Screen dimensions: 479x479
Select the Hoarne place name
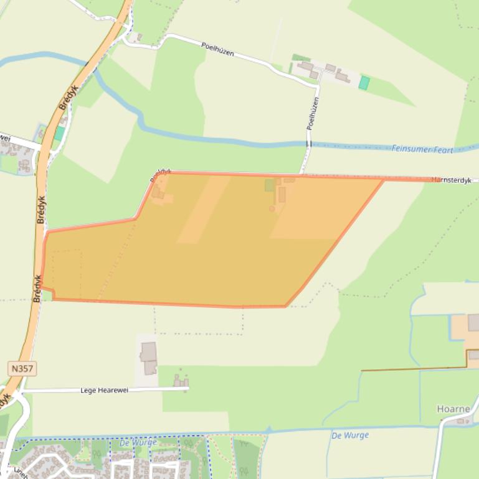pos(453,409)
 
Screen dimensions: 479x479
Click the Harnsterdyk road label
pos(453,179)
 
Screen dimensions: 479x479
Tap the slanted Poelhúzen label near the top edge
pos(217,49)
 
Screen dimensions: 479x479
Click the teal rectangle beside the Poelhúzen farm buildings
pos(364,83)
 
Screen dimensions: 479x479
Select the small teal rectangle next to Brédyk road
pos(59,133)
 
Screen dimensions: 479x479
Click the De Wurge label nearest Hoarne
pos(349,435)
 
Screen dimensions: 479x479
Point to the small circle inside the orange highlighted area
pos(272,209)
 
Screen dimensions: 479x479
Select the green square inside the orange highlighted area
pos(270,185)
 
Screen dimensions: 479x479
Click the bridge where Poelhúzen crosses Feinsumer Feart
pos(308,144)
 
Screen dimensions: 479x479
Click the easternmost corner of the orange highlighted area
pos(383,180)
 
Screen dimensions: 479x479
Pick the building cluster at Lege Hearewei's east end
pos(181,380)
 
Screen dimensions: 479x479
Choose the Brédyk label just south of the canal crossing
pos(67,97)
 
